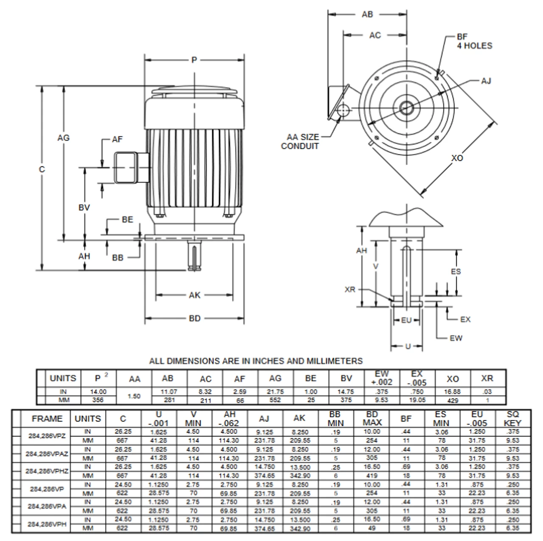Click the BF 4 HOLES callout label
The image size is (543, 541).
click(474, 42)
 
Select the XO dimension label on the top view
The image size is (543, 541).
click(457, 158)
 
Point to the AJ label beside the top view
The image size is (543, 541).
click(486, 81)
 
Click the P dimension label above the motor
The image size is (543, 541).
click(194, 60)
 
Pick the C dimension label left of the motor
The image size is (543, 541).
click(42, 169)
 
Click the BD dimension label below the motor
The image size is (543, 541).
click(194, 318)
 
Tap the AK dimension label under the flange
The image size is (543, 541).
click(194, 295)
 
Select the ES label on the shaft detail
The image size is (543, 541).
click(456, 272)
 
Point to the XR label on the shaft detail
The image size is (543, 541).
click(350, 289)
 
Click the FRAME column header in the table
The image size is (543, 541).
click(47, 419)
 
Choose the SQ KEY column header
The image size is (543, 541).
click(512, 419)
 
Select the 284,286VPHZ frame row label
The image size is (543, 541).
click(47, 471)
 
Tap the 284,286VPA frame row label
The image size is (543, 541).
click(47, 506)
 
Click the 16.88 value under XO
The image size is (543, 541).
click(453, 392)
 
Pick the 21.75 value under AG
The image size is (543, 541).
click(275, 392)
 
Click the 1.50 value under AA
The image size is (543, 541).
click(134, 396)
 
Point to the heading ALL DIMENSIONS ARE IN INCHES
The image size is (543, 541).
click(256, 361)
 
